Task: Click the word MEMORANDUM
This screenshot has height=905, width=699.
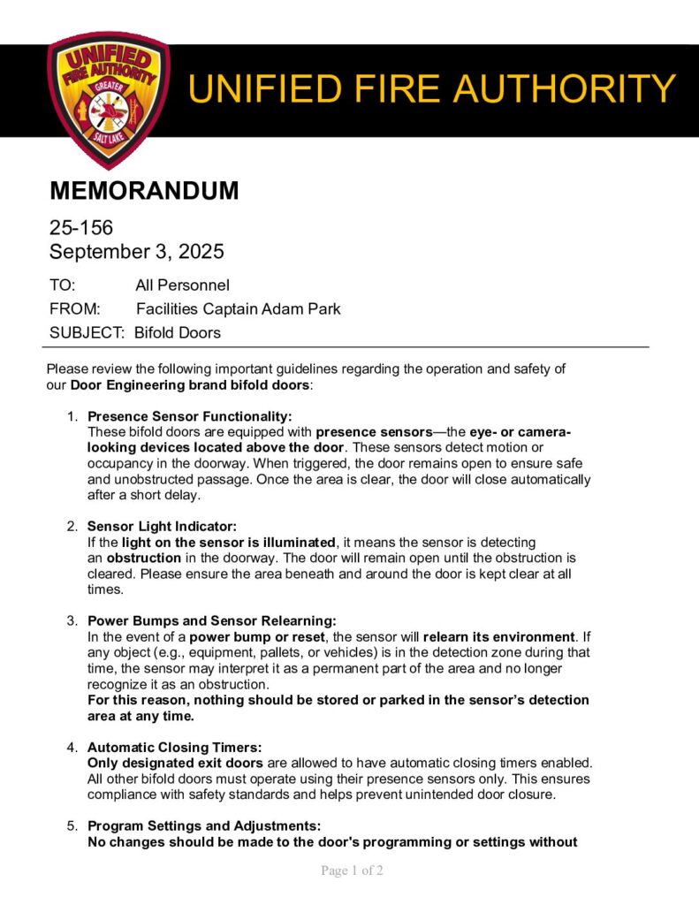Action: click(x=144, y=190)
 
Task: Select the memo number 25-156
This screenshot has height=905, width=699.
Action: click(x=81, y=228)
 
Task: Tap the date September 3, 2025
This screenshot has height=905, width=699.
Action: click(x=136, y=252)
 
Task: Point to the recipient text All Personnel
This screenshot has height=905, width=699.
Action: click(x=182, y=285)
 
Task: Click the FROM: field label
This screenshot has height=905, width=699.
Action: click(x=75, y=309)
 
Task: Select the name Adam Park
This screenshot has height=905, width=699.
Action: click(x=306, y=309)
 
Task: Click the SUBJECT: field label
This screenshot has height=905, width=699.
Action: click(x=87, y=333)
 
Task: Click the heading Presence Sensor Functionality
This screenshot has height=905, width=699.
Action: click(x=189, y=416)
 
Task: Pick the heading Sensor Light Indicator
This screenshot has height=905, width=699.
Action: click(x=162, y=527)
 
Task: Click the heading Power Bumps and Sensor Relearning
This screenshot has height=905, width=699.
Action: click(x=211, y=621)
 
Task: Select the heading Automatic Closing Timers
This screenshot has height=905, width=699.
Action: click(x=174, y=748)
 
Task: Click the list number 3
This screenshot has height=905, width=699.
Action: click(x=73, y=621)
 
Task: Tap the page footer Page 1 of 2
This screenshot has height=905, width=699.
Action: click(x=351, y=871)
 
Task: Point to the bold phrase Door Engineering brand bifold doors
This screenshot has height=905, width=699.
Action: click(x=190, y=385)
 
